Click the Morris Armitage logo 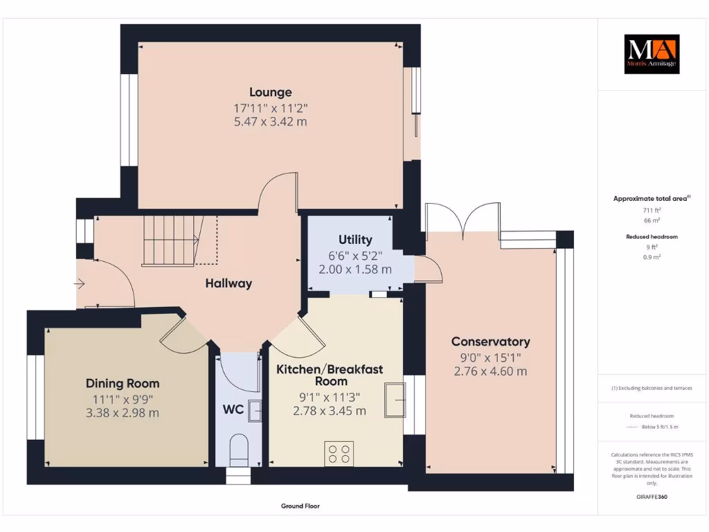pyautogui.click(x=652, y=54)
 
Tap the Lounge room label pyautogui.click(x=271, y=92)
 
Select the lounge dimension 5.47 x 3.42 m pyautogui.click(x=271, y=122)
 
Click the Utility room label pyautogui.click(x=355, y=240)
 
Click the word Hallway pyautogui.click(x=228, y=283)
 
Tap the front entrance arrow pyautogui.click(x=81, y=283)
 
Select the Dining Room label pyautogui.click(x=123, y=383)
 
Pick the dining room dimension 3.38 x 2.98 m pyautogui.click(x=123, y=413)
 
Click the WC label pyautogui.click(x=233, y=409)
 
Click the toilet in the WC pyautogui.click(x=238, y=450)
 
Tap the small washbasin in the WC pyautogui.click(x=255, y=411)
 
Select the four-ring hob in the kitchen pyautogui.click(x=339, y=453)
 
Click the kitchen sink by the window pyautogui.click(x=396, y=400)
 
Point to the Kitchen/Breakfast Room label pyautogui.click(x=330, y=375)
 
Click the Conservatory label pyautogui.click(x=490, y=342)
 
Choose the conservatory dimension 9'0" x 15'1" pyautogui.click(x=490, y=357)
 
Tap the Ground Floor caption pyautogui.click(x=300, y=506)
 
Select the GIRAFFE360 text pyautogui.click(x=651, y=497)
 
